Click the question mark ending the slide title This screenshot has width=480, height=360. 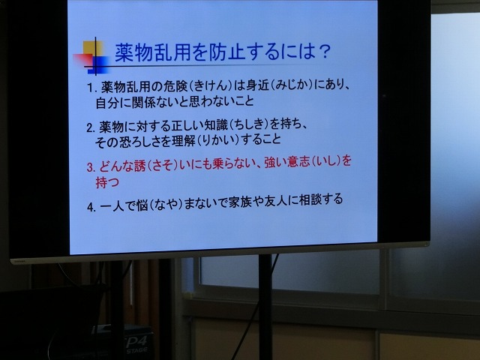pos(322,52)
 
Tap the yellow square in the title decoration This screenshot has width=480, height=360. pos(92,48)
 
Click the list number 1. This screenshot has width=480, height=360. pos(91,88)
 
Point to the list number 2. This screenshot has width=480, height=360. pos(90,128)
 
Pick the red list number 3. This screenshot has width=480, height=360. pos(91,167)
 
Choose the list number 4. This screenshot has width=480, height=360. pos(91,208)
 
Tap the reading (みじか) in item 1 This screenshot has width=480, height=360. pos(294,85)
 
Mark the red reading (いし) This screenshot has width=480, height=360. pos(326,161)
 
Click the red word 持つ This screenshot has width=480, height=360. pos(107,182)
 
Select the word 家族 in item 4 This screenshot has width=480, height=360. pos(240,202)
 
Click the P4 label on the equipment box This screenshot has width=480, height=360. pos(136,341)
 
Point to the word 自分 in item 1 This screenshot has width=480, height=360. pos(107,103)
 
